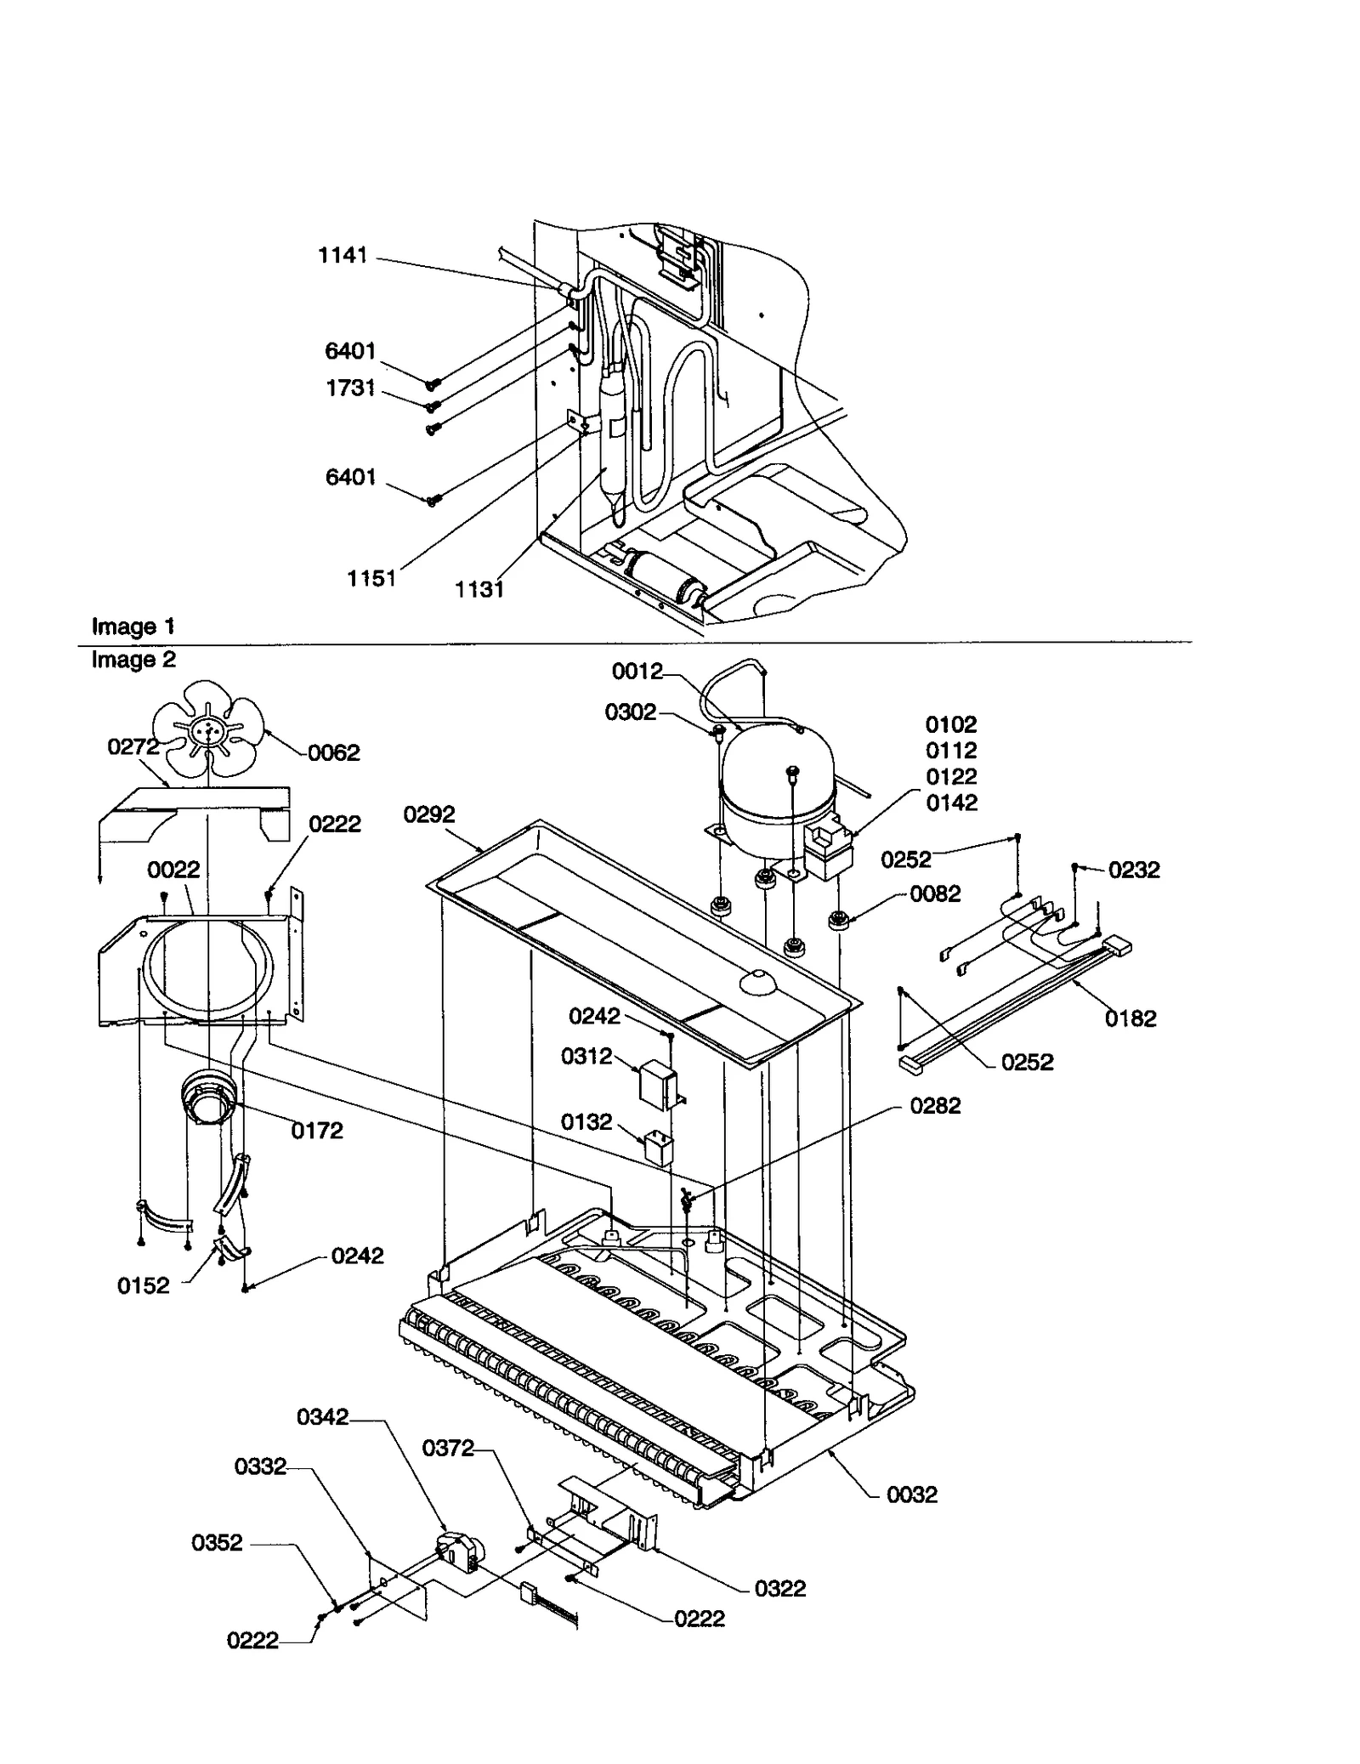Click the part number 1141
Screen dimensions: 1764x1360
tap(343, 255)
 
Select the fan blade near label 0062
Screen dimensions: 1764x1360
tap(208, 728)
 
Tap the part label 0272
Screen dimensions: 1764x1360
tap(133, 746)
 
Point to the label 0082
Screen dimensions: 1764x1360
tap(935, 893)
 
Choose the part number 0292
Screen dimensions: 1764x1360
tap(429, 814)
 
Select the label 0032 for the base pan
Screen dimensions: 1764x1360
tap(912, 1495)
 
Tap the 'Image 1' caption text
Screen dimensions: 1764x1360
tap(133, 627)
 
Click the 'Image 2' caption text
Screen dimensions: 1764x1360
tap(133, 660)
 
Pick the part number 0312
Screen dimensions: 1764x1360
tap(586, 1056)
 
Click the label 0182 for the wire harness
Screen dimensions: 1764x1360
tap(1130, 1018)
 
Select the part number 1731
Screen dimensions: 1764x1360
tap(350, 388)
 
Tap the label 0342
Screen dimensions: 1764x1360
tap(323, 1416)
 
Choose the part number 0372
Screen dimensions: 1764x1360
tap(448, 1448)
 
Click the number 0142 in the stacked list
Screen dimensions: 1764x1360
tap(951, 803)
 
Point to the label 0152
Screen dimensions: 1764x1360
tap(144, 1285)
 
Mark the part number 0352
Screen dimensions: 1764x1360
tap(217, 1543)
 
